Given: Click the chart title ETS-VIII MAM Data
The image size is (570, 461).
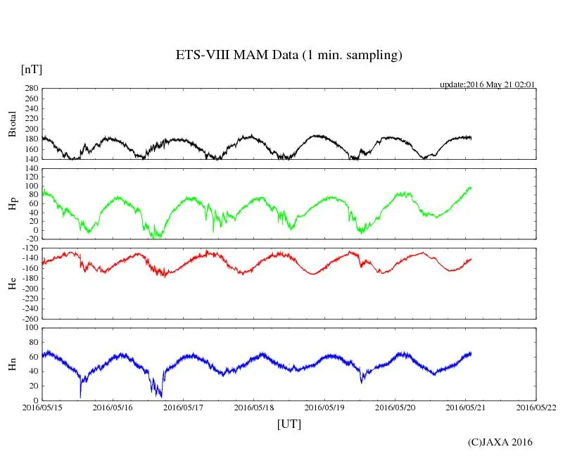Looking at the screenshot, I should click(289, 56).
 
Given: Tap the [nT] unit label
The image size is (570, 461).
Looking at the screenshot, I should click(31, 70).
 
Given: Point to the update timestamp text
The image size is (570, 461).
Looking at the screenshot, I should click(488, 84).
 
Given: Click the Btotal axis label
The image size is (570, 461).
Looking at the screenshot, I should click(12, 124).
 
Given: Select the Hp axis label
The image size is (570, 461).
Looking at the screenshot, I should click(12, 204).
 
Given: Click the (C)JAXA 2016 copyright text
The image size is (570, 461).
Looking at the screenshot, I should click(500, 442).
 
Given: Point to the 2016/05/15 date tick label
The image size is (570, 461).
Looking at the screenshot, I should click(42, 407).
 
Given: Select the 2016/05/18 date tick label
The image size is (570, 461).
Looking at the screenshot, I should click(254, 407).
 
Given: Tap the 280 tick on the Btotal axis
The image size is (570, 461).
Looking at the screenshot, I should click(30, 89).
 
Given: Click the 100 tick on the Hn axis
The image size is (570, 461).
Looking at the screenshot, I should click(30, 328).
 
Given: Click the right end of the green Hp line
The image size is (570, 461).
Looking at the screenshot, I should click(471, 187).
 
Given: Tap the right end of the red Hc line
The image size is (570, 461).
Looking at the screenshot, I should click(471, 259).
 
